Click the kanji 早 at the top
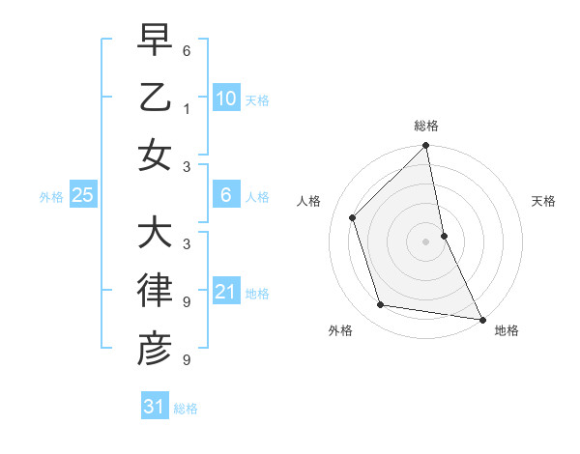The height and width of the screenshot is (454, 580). pos(154,43)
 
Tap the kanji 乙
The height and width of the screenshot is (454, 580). pos(154,99)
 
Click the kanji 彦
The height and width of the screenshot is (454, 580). pos(154,348)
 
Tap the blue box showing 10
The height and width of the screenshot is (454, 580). pos(225,99)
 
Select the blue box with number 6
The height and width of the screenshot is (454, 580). pos(225,195)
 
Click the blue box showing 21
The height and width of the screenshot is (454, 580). pos(225,292)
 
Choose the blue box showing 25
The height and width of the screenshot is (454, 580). pos(82,195)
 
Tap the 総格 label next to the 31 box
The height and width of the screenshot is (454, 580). pos(186,409)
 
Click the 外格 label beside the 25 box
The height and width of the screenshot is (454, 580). pos(51,197)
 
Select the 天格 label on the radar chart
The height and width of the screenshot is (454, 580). pos(544,201)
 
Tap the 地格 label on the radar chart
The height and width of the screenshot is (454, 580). pos(507,330)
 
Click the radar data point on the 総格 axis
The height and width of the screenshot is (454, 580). pos(425,147)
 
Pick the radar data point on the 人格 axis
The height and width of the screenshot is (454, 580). pos(353,217)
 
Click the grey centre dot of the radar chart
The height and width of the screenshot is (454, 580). pos(425,241)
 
